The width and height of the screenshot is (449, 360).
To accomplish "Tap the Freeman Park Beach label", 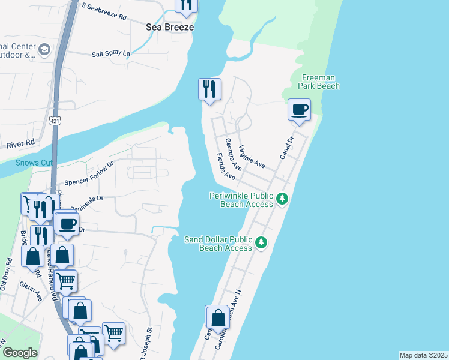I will [321, 82].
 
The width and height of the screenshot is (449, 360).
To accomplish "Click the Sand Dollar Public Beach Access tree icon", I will [261, 242].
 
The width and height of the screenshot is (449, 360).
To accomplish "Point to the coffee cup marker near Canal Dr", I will [299, 110].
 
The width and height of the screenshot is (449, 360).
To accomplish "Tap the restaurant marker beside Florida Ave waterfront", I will [209, 90].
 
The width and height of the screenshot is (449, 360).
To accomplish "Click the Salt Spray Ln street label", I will [111, 54].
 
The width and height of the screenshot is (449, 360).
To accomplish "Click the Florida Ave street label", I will [226, 167].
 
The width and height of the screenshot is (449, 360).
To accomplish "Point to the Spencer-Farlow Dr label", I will [89, 172].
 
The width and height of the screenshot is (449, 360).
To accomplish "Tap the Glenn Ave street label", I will [30, 292].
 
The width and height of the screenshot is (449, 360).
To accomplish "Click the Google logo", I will [20, 353].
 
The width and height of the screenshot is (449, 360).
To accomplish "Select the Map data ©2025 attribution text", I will [423, 355].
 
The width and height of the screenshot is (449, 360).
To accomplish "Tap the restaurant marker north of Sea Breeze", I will [186, 4].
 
